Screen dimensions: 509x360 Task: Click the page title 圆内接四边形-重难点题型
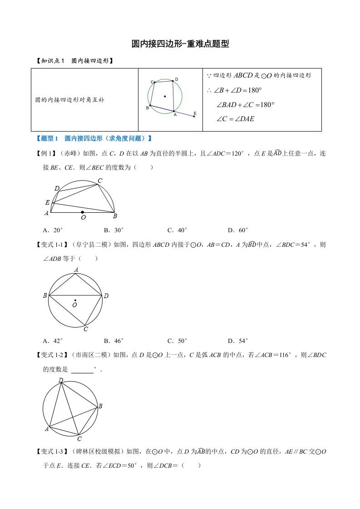click(x=180, y=44)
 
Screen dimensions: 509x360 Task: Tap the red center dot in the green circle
click(x=165, y=96)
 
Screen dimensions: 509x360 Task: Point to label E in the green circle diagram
click(x=195, y=113)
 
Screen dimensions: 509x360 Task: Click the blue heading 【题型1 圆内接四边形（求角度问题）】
click(x=93, y=138)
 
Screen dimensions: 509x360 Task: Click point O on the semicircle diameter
click(x=82, y=212)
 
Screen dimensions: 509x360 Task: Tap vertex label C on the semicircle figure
click(x=100, y=181)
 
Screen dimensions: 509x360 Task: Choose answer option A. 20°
click(x=53, y=230)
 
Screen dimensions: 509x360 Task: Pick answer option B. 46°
click(x=113, y=341)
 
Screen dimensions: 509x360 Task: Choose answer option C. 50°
click(x=177, y=341)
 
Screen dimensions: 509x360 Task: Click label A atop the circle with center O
click(x=76, y=270)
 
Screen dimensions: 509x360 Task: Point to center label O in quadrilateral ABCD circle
click(x=74, y=305)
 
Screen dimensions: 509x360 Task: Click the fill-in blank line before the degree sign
click(x=82, y=370)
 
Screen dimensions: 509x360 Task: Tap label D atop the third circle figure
click(x=60, y=380)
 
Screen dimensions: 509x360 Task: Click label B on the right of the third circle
click(x=100, y=406)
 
